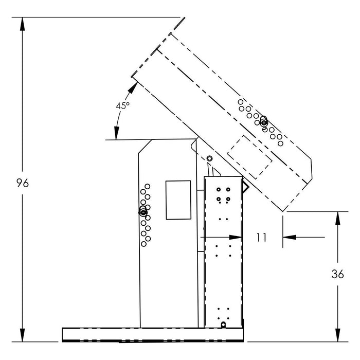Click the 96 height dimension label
click(x=23, y=183)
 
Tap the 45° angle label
click(x=122, y=105)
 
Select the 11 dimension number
click(x=261, y=238)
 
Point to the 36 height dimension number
click(x=337, y=274)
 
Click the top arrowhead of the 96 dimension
click(x=22, y=24)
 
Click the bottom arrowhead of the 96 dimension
click(x=22, y=335)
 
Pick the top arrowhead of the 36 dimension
click(x=337, y=218)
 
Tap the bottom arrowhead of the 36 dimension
click(x=337, y=335)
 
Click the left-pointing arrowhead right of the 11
click(x=290, y=237)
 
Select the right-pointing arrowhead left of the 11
click(x=236, y=237)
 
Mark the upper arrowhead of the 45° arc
click(x=133, y=87)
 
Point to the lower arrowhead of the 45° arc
click(x=117, y=133)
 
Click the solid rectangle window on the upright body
click(x=178, y=200)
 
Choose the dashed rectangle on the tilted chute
click(x=249, y=157)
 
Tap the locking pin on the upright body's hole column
click(x=143, y=212)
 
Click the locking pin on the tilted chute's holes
click(x=264, y=122)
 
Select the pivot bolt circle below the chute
click(x=209, y=158)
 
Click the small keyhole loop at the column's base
click(x=223, y=325)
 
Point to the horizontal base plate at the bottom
click(x=153, y=335)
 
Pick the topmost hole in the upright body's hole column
click(x=148, y=186)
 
